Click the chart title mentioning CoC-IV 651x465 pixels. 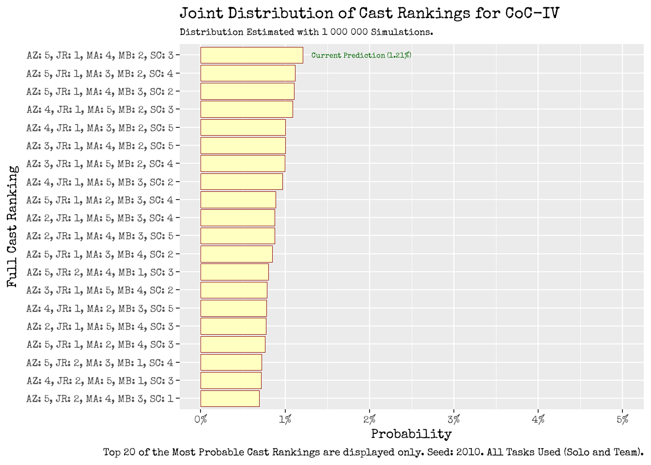pos(369,13)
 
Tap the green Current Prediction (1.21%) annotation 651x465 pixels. pos(361,55)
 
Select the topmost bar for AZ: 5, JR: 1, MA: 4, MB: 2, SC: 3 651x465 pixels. pos(251,55)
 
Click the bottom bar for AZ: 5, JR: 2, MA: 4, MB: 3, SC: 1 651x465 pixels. pos(230,399)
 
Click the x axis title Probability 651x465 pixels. pos(411,434)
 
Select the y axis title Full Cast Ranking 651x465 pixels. pos(13,227)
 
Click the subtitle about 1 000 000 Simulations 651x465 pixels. pos(306,32)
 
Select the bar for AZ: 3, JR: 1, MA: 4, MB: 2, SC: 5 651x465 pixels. pos(243,146)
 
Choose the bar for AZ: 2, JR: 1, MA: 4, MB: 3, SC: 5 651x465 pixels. pos(237,236)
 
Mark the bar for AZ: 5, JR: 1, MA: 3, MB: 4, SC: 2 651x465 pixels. pos(236,254)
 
